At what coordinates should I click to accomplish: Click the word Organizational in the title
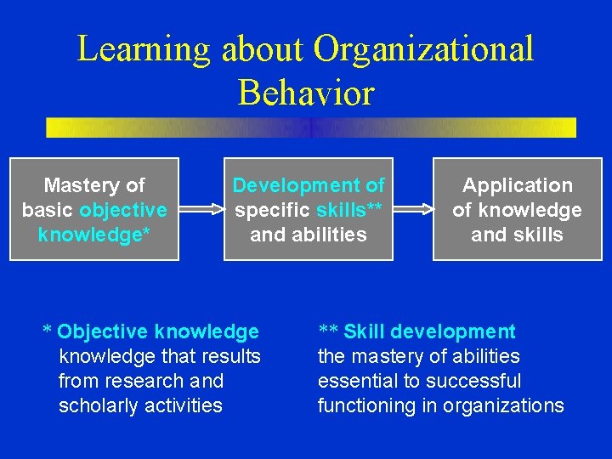coord(423,49)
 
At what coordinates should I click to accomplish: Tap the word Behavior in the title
coord(306,93)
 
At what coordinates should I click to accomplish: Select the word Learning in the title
coord(144,49)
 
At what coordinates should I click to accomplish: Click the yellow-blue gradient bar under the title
coord(311,127)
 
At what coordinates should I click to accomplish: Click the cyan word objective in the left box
coord(123,210)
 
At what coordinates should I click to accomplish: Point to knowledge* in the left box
coord(94,235)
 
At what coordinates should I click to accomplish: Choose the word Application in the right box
coord(517,185)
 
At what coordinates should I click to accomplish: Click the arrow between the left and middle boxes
coord(201,208)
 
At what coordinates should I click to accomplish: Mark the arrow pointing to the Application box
coord(413,208)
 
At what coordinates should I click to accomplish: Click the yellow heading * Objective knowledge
coord(151,331)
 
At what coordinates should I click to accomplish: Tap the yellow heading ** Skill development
coord(416,331)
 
